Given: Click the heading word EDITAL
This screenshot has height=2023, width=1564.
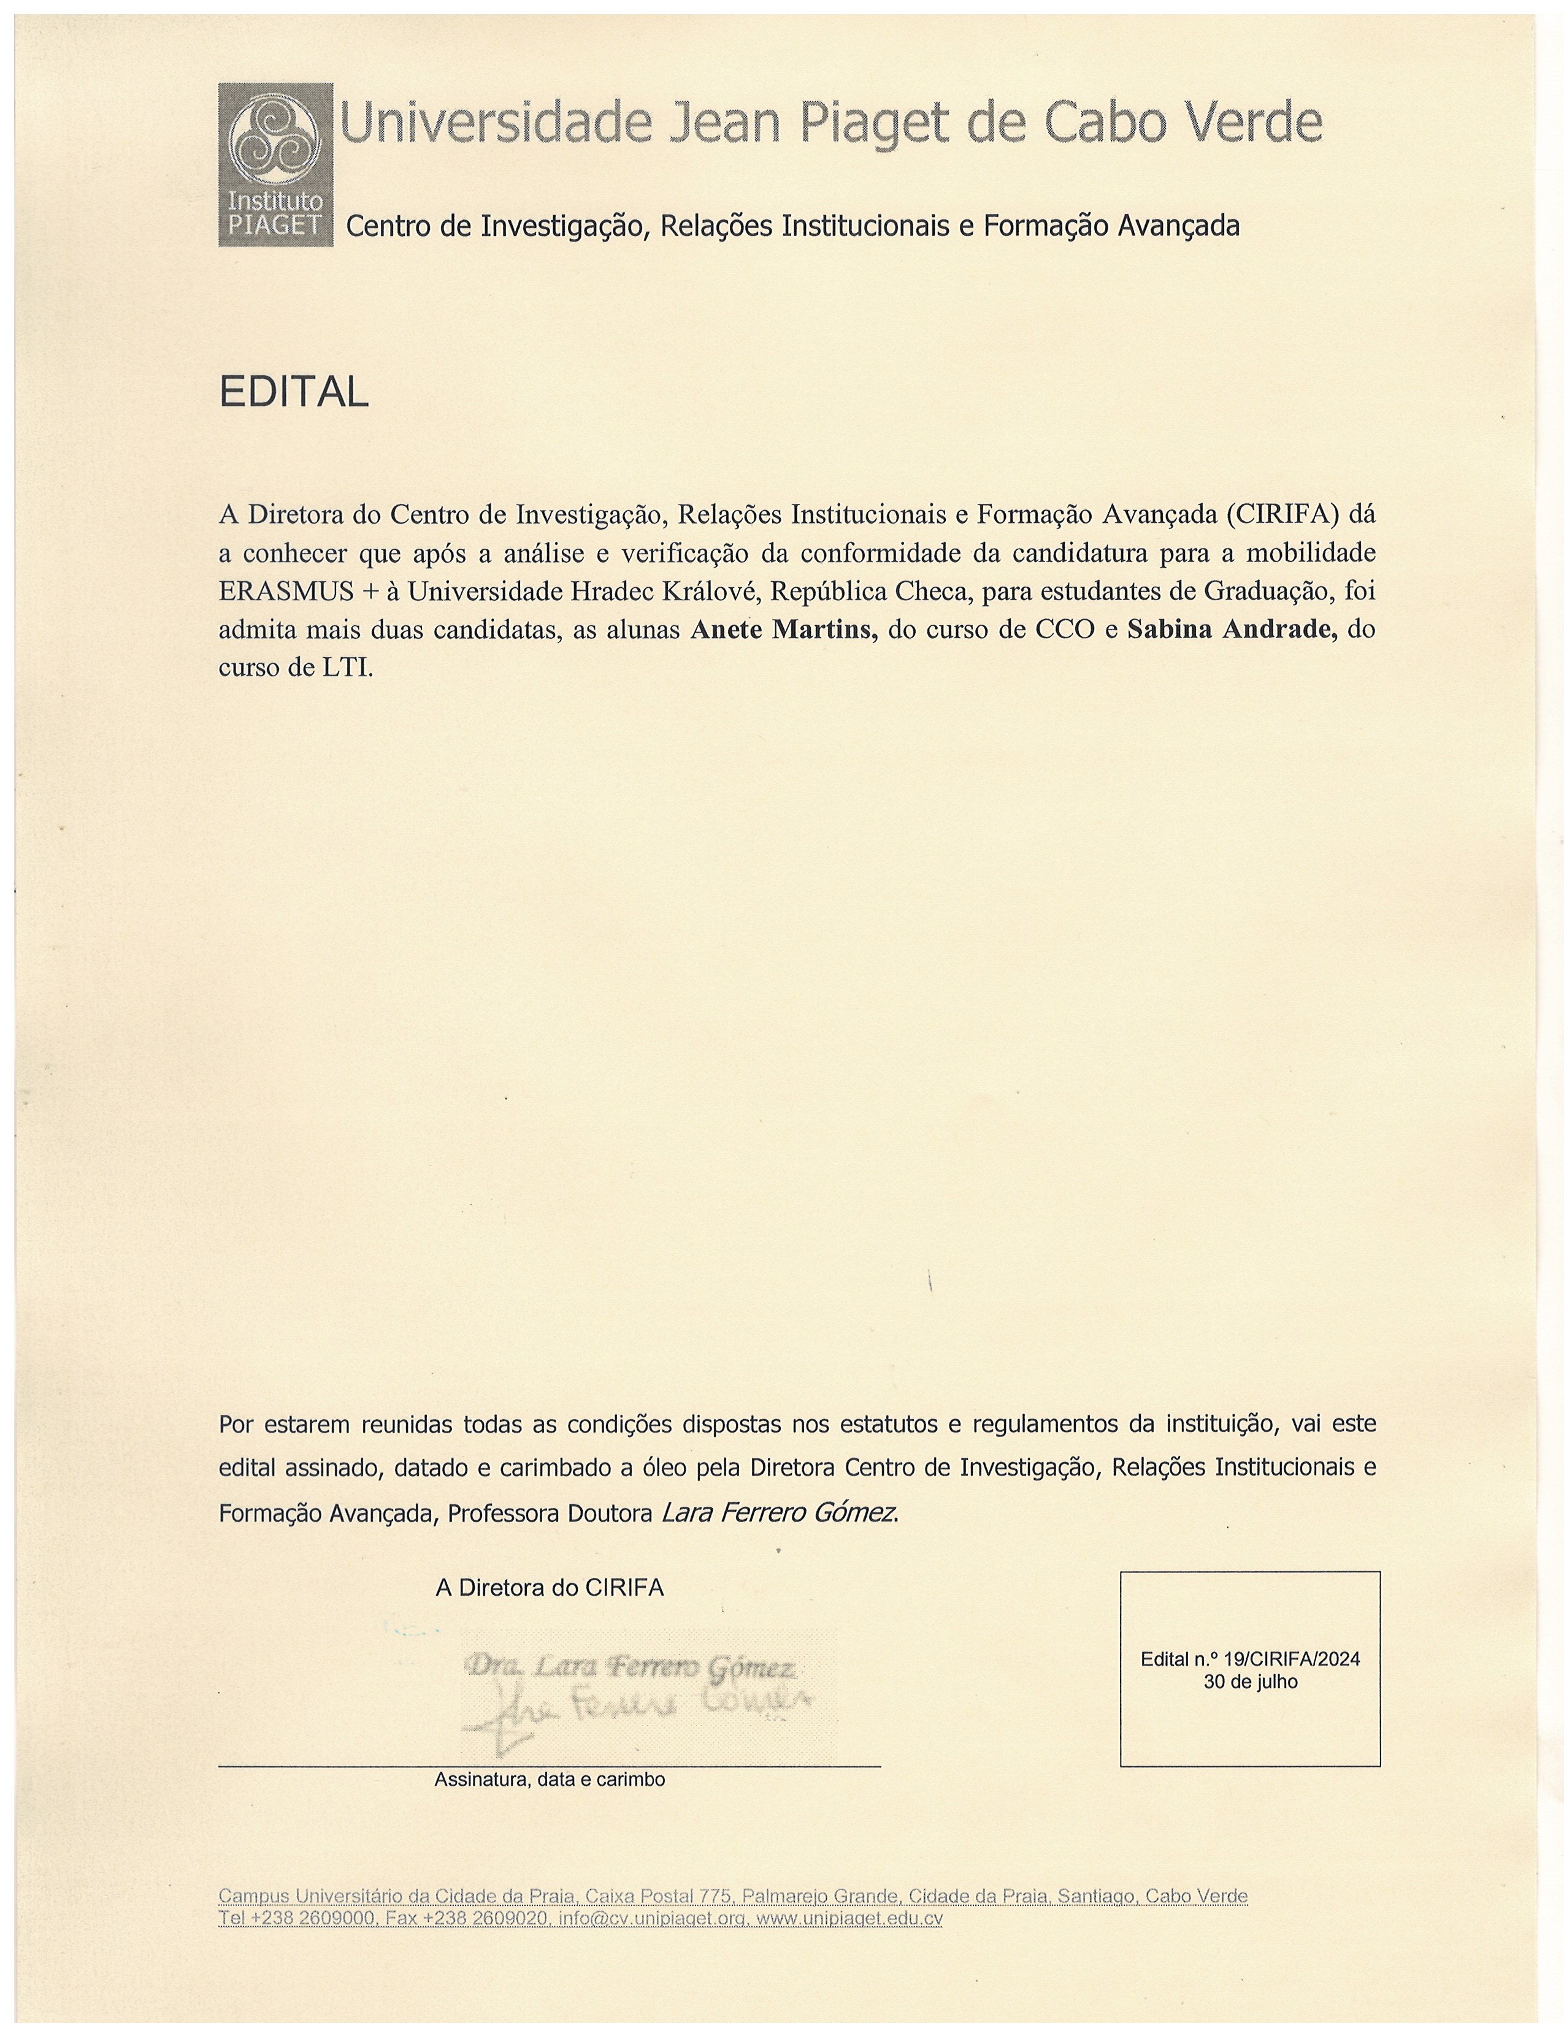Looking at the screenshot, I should point(294,393).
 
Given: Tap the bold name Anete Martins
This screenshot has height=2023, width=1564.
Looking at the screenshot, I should point(784,630).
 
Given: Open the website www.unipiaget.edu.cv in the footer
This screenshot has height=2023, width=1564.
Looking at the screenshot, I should point(849,1918).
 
